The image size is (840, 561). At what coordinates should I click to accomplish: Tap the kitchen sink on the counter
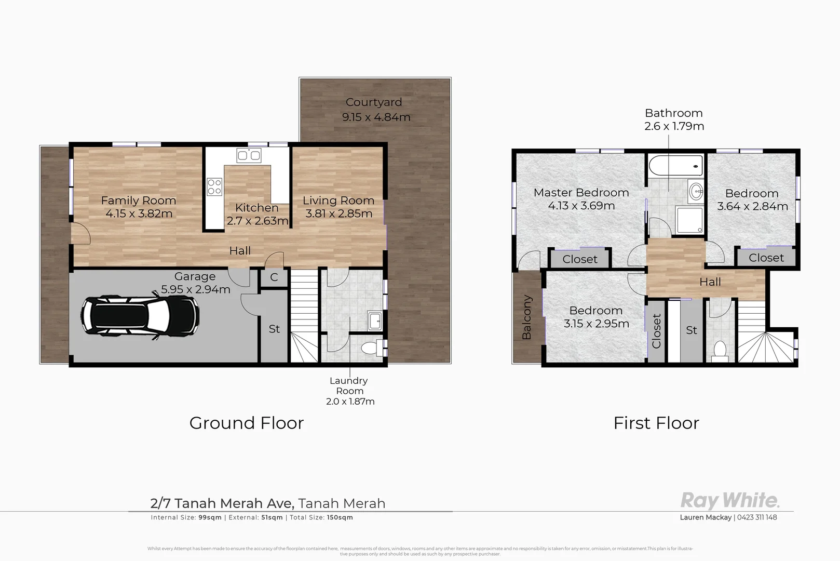pos(249,155)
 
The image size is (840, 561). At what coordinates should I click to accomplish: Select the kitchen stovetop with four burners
pos(214,186)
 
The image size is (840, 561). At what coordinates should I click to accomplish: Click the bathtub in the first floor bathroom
pos(675,166)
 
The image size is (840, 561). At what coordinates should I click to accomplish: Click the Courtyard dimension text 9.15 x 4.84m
pos(376,117)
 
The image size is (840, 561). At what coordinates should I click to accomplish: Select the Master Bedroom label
pos(581,193)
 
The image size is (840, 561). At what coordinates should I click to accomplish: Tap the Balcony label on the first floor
pos(526,317)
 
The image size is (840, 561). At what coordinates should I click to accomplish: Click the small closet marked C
pos(274,277)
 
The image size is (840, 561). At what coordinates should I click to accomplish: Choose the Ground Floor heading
pos(246,423)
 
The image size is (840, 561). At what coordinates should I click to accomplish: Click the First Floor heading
pos(656,423)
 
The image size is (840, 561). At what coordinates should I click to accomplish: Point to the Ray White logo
pos(729,501)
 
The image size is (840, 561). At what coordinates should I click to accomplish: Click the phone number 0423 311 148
pos(757,517)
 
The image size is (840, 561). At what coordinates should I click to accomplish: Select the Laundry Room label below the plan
pos(349,386)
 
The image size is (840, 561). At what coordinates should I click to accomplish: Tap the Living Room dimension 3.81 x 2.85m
pos(338,213)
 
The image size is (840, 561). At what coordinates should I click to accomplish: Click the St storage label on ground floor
pos(274,329)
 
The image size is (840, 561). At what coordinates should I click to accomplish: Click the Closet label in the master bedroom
pos(579,259)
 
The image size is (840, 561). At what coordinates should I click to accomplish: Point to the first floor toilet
pos(720,351)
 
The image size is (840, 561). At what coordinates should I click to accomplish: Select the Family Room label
pos(139,201)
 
